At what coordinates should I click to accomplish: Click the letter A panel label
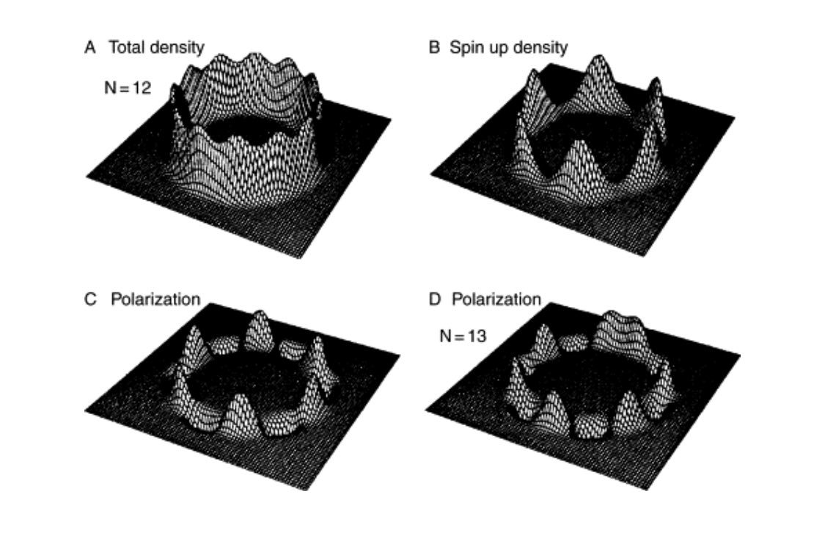[90, 48]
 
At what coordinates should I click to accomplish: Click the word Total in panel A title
[125, 48]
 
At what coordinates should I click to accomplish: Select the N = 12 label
[128, 88]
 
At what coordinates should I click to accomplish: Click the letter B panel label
[434, 48]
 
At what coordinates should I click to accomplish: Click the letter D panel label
[434, 300]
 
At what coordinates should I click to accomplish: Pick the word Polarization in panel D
[496, 300]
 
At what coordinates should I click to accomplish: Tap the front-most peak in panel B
[576, 147]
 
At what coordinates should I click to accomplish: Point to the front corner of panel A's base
[301, 257]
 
